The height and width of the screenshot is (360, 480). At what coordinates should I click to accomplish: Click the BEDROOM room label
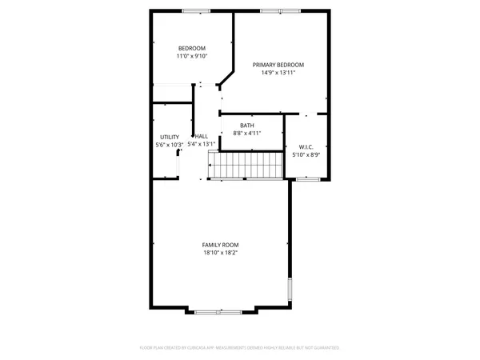(x=192, y=49)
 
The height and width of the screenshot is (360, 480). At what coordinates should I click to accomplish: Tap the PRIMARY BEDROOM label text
(x=278, y=65)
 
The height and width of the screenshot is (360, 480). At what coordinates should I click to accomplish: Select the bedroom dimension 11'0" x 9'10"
(x=192, y=57)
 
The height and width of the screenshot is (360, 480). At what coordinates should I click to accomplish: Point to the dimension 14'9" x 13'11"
(x=278, y=73)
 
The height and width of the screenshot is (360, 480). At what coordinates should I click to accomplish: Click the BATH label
(x=247, y=125)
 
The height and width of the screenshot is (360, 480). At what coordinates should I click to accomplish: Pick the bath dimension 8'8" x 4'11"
(x=247, y=133)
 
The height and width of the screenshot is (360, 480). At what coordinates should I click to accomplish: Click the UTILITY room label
(x=169, y=137)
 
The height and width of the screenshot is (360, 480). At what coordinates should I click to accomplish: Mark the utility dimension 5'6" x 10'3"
(x=169, y=145)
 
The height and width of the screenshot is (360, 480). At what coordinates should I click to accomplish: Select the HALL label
(x=201, y=137)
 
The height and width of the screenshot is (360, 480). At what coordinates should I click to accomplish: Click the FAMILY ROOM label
(x=220, y=245)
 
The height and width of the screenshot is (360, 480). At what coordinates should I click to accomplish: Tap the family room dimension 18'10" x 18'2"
(x=220, y=253)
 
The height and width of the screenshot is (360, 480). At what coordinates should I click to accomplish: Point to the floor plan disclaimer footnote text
(x=239, y=348)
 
